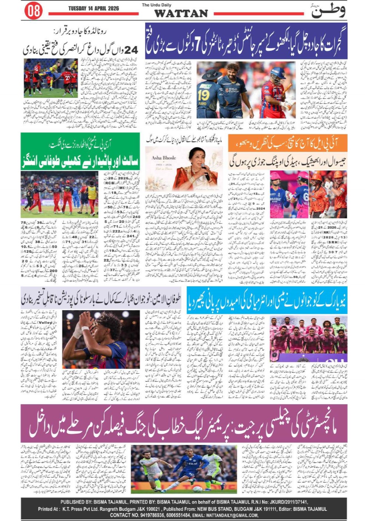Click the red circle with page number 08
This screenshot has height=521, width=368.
pos(33,11)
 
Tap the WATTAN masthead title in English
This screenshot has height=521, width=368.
pos(181,13)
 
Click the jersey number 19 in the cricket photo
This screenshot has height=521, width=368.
pos(203,95)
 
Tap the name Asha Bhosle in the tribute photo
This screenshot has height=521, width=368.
pos(164,158)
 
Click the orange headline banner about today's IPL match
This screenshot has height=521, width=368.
pos(287,143)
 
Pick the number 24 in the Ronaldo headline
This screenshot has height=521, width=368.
pos(131,50)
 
